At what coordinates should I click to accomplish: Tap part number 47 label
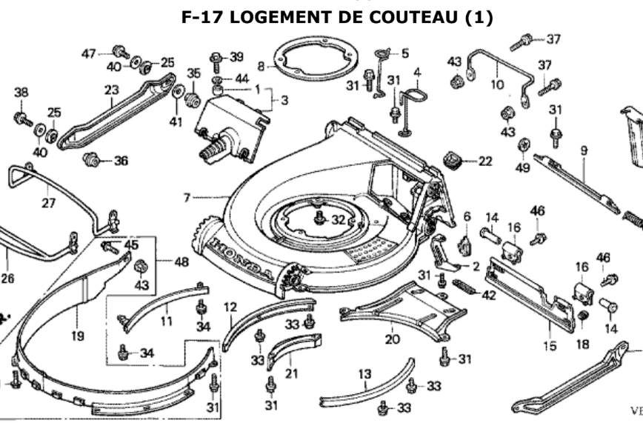click(x=89, y=53)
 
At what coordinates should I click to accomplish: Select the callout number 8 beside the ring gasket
click(x=261, y=66)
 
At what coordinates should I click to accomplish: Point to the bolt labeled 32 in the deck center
click(x=320, y=218)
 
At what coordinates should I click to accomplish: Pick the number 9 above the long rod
click(x=584, y=151)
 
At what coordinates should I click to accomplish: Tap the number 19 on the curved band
click(x=78, y=336)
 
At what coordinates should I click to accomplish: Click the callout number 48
click(x=182, y=262)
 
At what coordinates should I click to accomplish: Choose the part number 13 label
click(x=364, y=374)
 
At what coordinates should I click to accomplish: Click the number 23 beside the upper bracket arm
click(x=112, y=90)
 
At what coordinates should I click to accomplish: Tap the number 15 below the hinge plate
click(x=550, y=346)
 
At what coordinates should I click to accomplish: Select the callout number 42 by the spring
click(x=489, y=295)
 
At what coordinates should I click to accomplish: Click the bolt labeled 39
click(x=216, y=57)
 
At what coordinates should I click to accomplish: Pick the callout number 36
click(x=121, y=160)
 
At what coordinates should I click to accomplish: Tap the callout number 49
click(x=524, y=168)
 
